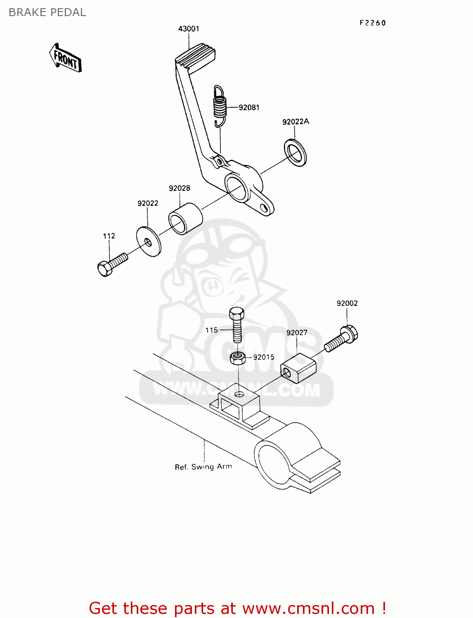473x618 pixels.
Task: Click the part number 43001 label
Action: [189, 29]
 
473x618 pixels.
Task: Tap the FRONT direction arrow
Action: [65, 58]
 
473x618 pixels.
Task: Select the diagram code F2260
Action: [372, 23]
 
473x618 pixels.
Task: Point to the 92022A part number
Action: [296, 122]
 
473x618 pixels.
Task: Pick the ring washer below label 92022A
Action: [295, 153]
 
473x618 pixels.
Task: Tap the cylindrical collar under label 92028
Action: [185, 218]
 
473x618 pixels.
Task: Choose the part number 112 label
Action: [109, 236]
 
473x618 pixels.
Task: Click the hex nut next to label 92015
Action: [238, 358]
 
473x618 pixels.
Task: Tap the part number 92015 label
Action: [264, 357]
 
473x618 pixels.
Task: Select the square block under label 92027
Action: [298, 368]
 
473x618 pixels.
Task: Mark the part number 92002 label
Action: [347, 303]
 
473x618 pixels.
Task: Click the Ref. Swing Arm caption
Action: [203, 467]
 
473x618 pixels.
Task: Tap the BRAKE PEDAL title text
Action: [47, 12]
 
